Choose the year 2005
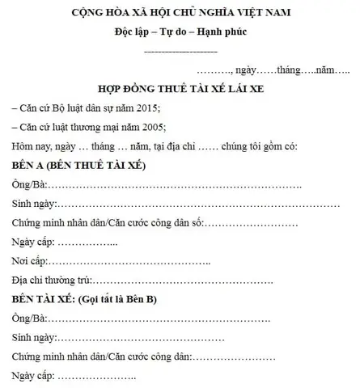pos(150,127)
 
